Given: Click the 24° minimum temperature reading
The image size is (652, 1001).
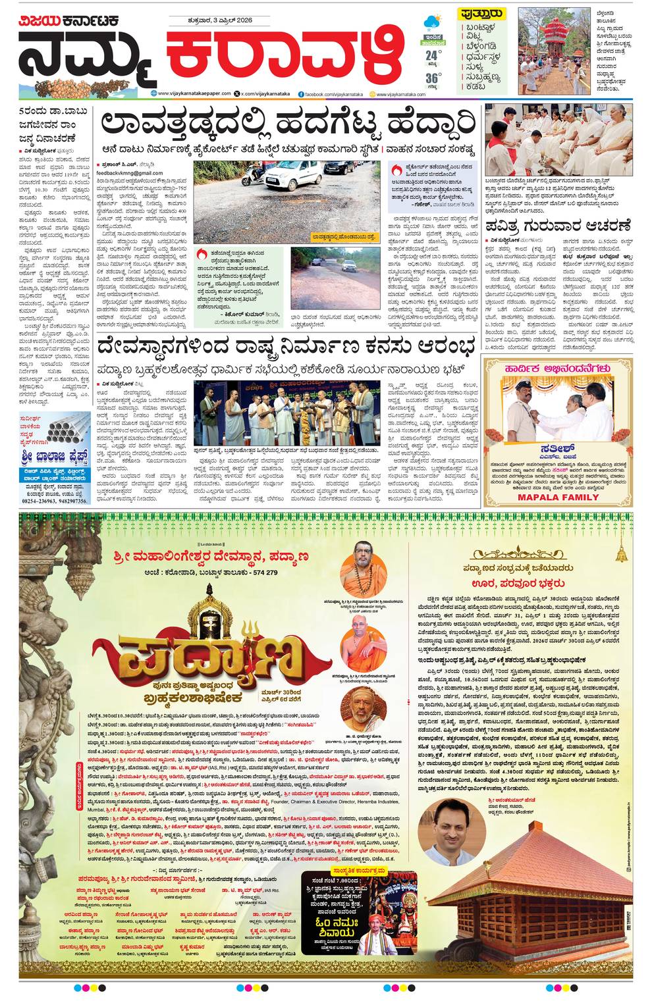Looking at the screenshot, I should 432,55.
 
